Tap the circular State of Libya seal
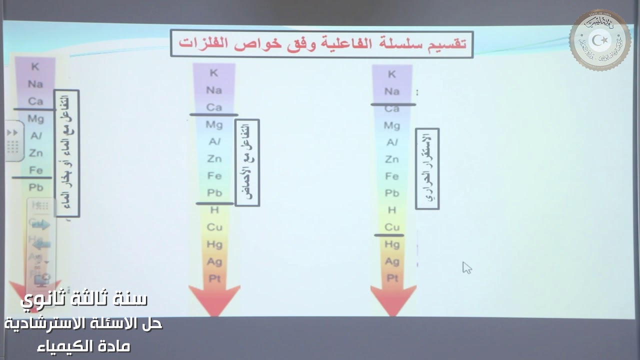pyautogui.click(x=599, y=39)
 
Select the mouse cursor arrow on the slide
pyautogui.click(x=466, y=267)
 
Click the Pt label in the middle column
pyautogui.click(x=214, y=278)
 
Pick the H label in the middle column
pyautogui.click(x=214, y=210)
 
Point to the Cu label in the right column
pyautogui.click(x=392, y=227)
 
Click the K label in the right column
pyautogui.click(x=392, y=74)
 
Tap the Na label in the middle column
pyautogui.click(x=214, y=90)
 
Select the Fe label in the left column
pyautogui.click(x=35, y=170)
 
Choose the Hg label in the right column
pyautogui.click(x=392, y=244)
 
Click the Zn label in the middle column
pyautogui.click(x=214, y=158)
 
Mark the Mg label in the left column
pyautogui.click(x=35, y=119)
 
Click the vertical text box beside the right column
pyautogui.click(x=427, y=168)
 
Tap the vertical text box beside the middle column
pyautogui.click(x=247, y=162)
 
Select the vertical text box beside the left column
pyautogui.click(x=67, y=153)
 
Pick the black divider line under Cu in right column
pyautogui.click(x=389, y=235)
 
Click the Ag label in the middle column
pyautogui.click(x=214, y=261)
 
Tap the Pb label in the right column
pyautogui.click(x=392, y=193)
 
